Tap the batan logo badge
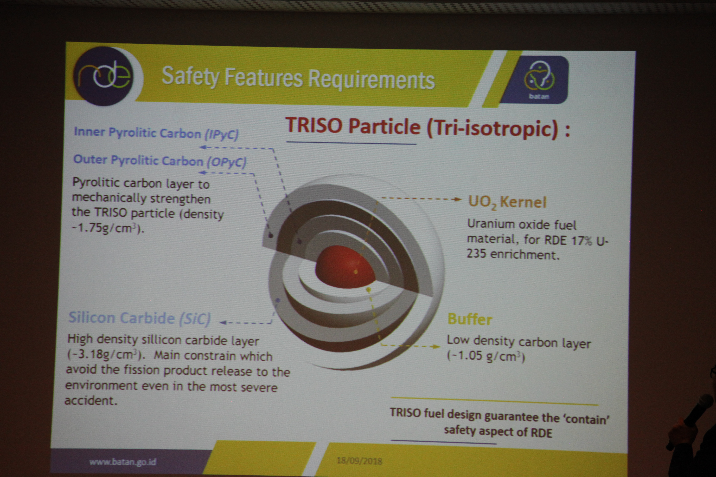pyautogui.click(x=539, y=80)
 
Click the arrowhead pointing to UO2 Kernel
pyautogui.click(x=458, y=199)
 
